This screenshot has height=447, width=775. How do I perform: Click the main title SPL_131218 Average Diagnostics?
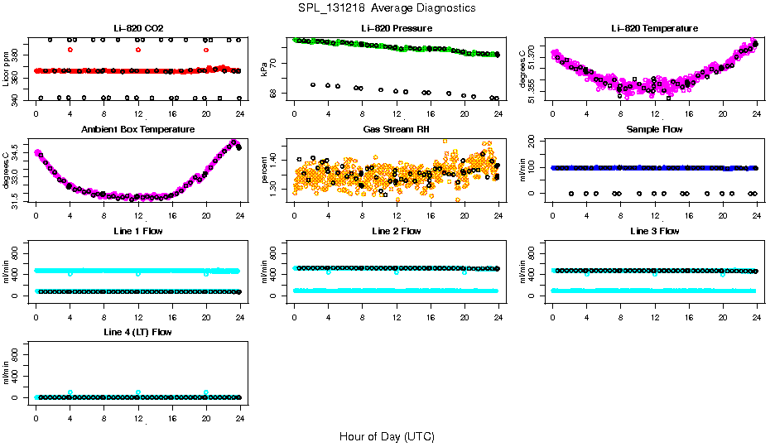click(x=387, y=7)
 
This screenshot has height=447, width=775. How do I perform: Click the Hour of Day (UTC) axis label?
click(x=387, y=436)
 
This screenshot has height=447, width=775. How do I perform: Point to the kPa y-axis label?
click(x=265, y=70)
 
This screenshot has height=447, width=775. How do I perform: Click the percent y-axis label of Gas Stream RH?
click(x=265, y=170)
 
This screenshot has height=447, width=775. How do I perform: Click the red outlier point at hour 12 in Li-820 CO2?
click(x=138, y=50)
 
